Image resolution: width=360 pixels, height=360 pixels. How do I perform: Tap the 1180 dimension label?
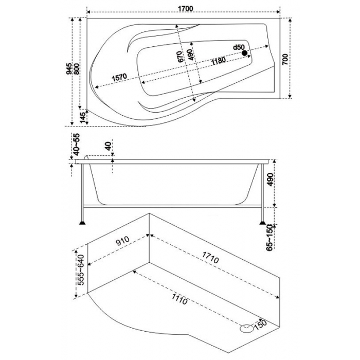(x=218, y=61)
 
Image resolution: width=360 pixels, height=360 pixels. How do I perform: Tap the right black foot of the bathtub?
(x=263, y=224)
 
